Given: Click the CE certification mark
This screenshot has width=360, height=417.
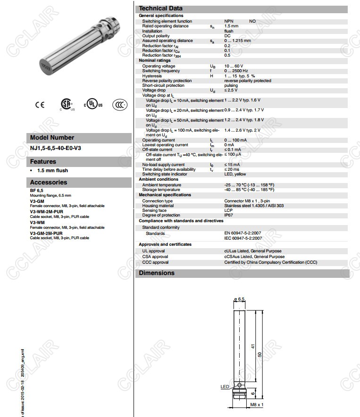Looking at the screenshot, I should coord(40,105).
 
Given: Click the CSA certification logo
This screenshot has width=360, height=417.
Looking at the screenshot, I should coord(67,105).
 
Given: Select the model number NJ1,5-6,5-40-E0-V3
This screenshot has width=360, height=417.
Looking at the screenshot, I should coord(55,148).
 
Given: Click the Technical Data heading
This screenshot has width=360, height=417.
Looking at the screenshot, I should coord(160,8).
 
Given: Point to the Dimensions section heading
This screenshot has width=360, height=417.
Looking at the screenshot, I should coord(157,273).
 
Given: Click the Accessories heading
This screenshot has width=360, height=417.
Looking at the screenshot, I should coord(49,182).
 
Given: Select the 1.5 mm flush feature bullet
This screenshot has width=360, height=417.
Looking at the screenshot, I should coord(52,170).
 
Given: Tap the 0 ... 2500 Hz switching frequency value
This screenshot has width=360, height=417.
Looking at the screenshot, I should coord(236,71).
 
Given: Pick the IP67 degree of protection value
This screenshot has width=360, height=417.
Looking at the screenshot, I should coord(228,215).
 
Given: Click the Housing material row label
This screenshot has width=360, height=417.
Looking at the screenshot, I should coord(158,206).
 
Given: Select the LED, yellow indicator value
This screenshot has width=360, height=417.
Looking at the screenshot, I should coord(235,174).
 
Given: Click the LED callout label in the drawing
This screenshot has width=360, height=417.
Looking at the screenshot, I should coord(225,387).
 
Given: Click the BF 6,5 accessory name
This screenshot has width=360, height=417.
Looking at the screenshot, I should coord(36,190).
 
